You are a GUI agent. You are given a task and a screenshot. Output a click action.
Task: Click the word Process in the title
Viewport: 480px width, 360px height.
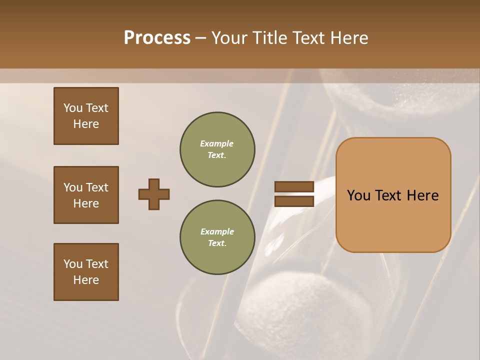(157, 38)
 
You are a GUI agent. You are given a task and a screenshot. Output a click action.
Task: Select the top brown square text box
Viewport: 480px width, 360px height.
(86, 116)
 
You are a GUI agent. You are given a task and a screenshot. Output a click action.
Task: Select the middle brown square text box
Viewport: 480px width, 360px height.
(86, 195)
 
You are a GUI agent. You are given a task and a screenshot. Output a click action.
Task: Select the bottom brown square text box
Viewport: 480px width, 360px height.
(86, 271)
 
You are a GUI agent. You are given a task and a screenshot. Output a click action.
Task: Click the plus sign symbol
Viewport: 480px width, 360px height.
(154, 194)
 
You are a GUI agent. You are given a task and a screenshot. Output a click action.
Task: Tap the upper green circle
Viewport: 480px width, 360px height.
(217, 149)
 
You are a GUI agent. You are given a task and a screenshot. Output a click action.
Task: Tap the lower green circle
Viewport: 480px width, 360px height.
(217, 237)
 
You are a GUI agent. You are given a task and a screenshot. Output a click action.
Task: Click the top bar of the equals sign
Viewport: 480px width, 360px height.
(294, 186)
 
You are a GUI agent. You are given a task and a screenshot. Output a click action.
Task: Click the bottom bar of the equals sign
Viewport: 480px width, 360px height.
(294, 201)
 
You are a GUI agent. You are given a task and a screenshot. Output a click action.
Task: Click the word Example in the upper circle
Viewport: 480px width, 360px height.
(217, 143)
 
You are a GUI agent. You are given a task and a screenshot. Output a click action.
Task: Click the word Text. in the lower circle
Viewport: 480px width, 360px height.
(217, 243)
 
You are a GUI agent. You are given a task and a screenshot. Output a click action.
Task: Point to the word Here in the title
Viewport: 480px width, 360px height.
(348, 38)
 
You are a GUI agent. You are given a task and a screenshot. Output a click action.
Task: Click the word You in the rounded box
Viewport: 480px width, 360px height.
(358, 195)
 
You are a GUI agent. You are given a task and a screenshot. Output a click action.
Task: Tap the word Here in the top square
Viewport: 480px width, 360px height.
(86, 124)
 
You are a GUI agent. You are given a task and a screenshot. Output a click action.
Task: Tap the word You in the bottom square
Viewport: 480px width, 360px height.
(73, 264)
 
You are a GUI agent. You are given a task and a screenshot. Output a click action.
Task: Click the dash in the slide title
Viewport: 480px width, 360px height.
(200, 38)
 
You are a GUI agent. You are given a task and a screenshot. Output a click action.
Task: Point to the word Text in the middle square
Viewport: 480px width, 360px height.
(97, 187)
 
